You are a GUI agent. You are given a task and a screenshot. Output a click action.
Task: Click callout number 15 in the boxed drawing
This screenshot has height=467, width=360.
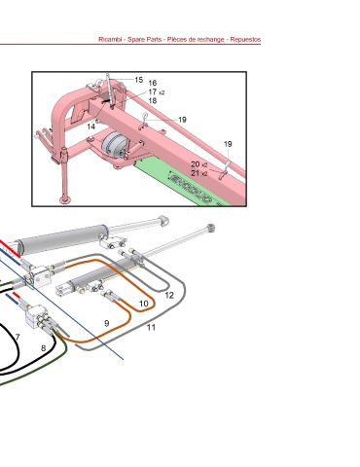[x=139, y=80]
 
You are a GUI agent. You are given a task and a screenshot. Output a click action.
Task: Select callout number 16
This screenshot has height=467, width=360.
[x=153, y=83]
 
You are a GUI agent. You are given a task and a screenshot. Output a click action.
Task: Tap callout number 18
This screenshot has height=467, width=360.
[x=153, y=101]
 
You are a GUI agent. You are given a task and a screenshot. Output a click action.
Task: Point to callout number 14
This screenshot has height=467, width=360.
[x=91, y=126]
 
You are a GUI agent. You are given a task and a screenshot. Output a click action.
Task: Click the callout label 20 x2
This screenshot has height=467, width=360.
[x=199, y=164]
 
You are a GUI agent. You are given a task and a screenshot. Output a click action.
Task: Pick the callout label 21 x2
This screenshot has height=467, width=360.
[x=199, y=173]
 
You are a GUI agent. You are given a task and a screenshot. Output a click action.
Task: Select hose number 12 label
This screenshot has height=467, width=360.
[x=169, y=295]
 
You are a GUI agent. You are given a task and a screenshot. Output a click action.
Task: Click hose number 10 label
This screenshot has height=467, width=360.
[x=144, y=304]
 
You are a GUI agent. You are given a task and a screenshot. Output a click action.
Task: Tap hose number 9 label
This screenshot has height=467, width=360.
[x=107, y=323]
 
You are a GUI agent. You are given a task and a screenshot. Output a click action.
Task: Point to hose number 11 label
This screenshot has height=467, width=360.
[x=151, y=328]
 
